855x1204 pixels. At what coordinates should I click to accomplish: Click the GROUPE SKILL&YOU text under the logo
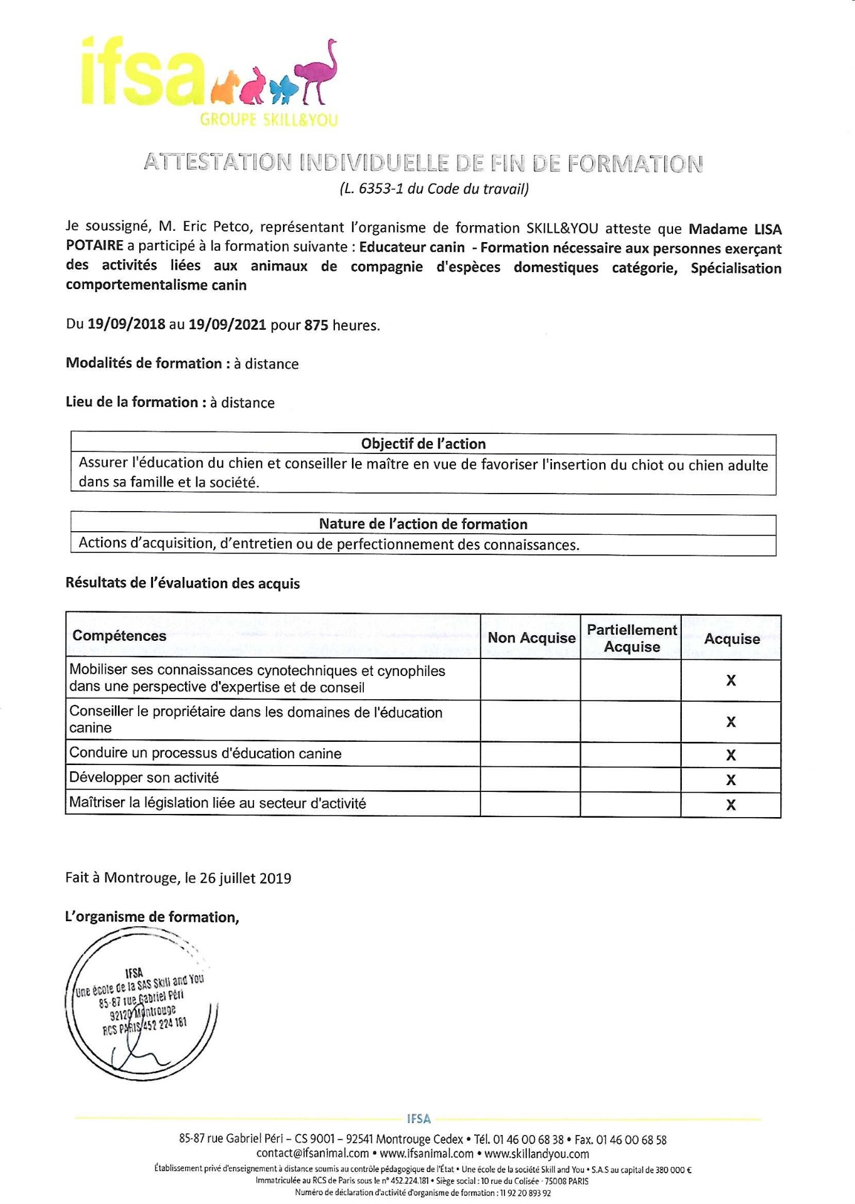pyautogui.click(x=268, y=120)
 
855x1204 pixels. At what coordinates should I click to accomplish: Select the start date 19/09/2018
pyautogui.click(x=126, y=325)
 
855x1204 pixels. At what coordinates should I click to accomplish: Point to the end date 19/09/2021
pyautogui.click(x=227, y=325)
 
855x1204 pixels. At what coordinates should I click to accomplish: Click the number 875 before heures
pyautogui.click(x=316, y=325)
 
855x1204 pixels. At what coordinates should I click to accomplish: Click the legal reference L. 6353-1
pyautogui.click(x=383, y=189)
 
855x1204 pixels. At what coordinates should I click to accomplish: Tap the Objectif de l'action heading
pyautogui.click(x=423, y=444)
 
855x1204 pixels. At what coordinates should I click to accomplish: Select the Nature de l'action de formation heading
pyautogui.click(x=423, y=524)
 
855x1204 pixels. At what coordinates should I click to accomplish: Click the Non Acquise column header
pyautogui.click(x=531, y=638)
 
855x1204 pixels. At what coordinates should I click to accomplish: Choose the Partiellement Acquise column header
pyautogui.click(x=632, y=638)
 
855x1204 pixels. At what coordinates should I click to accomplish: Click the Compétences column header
pyautogui.click(x=119, y=636)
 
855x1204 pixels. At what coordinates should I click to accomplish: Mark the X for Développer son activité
pyautogui.click(x=731, y=780)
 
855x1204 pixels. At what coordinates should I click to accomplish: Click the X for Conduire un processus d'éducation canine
pyautogui.click(x=731, y=755)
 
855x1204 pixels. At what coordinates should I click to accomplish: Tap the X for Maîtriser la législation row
pyautogui.click(x=731, y=805)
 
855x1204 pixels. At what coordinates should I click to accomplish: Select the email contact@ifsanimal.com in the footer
pyautogui.click(x=312, y=1153)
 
